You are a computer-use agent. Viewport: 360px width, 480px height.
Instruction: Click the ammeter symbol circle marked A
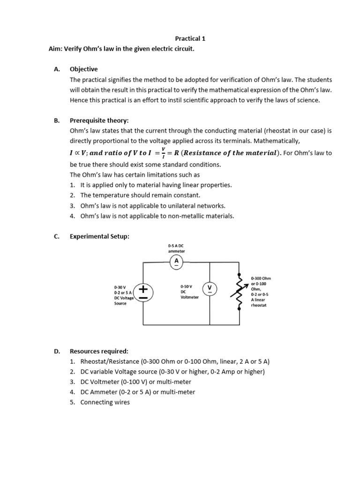point(177,262)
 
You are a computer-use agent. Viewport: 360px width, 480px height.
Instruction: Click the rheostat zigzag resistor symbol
point(240,292)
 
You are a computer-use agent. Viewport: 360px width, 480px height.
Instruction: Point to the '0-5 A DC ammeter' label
point(176,248)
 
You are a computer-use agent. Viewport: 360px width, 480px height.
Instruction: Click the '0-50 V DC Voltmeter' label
point(189,292)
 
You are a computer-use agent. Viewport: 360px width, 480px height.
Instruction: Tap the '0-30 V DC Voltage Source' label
point(124,294)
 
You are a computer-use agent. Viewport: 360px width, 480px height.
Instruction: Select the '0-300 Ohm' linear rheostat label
point(261,294)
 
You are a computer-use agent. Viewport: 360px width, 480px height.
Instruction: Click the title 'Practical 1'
point(190,39)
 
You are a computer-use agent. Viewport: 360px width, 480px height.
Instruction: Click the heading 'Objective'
point(83,69)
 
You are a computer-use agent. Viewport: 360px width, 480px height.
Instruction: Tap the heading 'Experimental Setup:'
point(99,236)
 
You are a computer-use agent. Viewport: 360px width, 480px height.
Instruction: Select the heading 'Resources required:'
point(98,351)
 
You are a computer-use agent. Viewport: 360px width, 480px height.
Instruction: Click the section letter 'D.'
point(57,351)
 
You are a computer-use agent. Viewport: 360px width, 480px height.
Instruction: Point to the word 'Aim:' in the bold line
point(56,49)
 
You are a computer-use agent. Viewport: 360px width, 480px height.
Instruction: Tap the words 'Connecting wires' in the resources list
point(105,402)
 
